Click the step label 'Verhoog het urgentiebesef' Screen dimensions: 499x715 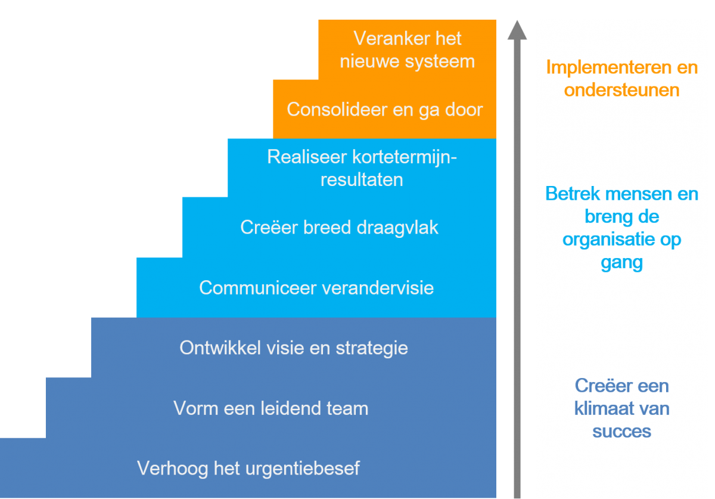click(248, 469)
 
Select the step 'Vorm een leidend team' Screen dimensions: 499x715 click(271, 408)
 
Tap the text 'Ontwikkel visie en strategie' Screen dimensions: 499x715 click(294, 348)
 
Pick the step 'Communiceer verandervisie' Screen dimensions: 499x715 click(316, 288)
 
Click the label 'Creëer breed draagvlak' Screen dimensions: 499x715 click(339, 228)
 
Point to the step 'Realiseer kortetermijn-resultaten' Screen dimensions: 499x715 click(362, 168)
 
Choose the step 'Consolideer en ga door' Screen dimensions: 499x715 click(384, 110)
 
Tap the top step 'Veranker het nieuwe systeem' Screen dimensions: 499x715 click(408, 50)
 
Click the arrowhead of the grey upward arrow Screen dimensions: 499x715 click(517, 30)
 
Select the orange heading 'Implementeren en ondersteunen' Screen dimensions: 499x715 click(621, 79)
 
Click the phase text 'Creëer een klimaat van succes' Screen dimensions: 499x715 click(621, 408)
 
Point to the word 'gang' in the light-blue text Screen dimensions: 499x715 click(621, 263)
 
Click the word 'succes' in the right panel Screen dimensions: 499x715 click(621, 432)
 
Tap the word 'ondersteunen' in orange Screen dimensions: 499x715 click(621, 90)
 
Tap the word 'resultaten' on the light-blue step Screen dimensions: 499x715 click(362, 179)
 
